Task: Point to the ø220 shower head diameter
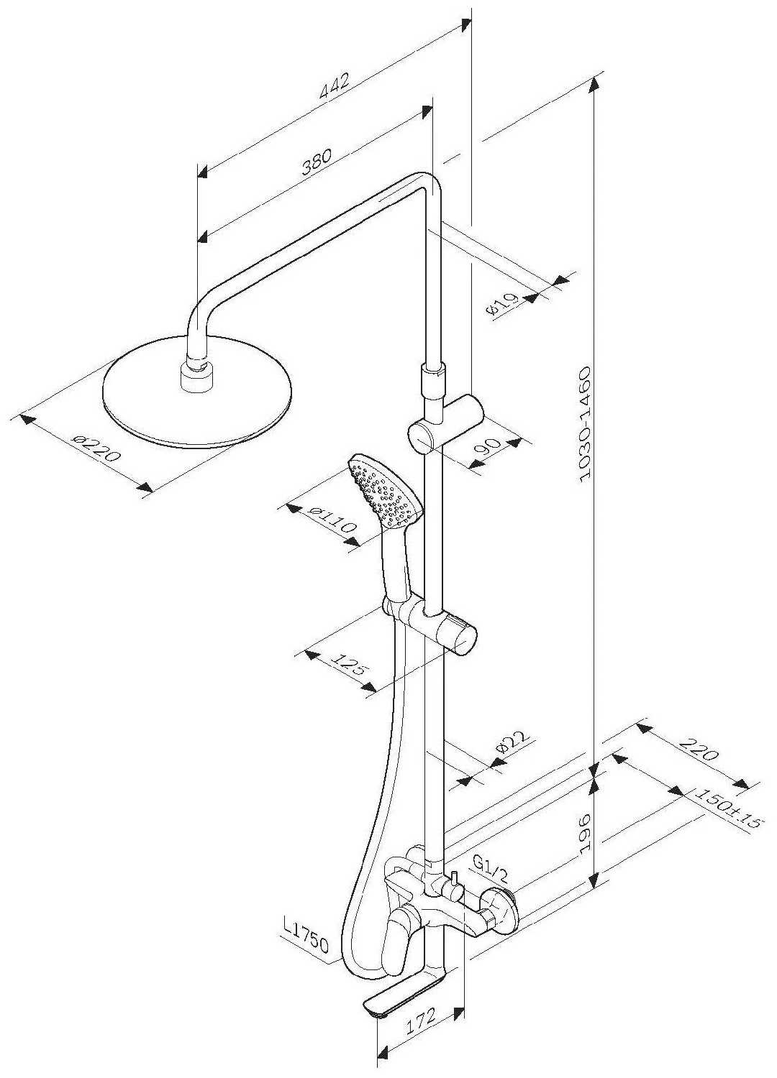pyautogui.click(x=96, y=448)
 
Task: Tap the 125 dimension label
pyautogui.click(x=350, y=665)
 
